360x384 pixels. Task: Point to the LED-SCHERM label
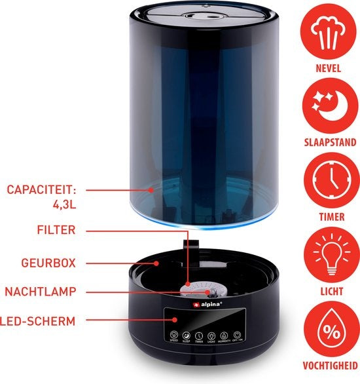(39, 320)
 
